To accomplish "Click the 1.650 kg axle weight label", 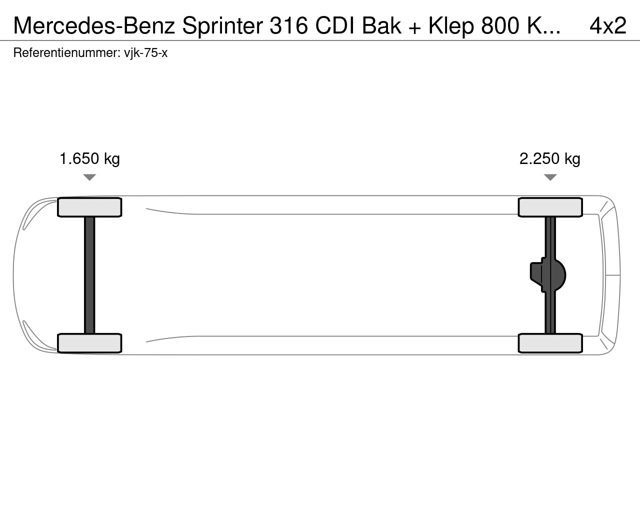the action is pos(89,159).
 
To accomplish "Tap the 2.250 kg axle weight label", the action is pos(550,159).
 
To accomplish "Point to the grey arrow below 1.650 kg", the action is pos(89,177).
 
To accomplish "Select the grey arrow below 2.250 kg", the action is pos(550,177).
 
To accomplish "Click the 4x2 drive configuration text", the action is pos(608,25).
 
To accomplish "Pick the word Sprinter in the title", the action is pos(222,25).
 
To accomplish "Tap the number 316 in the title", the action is pos(288,25).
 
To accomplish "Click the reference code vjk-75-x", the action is pos(145,53).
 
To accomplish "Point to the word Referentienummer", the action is pos(66,52).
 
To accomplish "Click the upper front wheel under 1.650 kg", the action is pos(89,207).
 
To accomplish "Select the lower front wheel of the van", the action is pos(89,343).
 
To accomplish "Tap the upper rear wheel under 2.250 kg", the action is pos(550,207).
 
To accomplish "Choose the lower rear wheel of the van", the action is pos(550,343).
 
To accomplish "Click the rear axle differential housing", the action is pos(548,275).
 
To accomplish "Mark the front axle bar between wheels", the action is pos(89,275).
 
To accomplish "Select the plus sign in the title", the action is pos(415,27).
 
